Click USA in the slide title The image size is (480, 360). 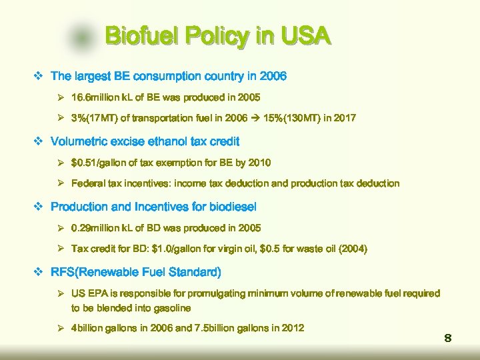click(x=303, y=36)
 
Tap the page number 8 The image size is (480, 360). click(x=448, y=339)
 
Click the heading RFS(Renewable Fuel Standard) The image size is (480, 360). click(x=136, y=272)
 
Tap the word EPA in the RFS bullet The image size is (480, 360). click(x=100, y=293)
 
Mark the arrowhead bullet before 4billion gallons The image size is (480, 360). click(x=60, y=328)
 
